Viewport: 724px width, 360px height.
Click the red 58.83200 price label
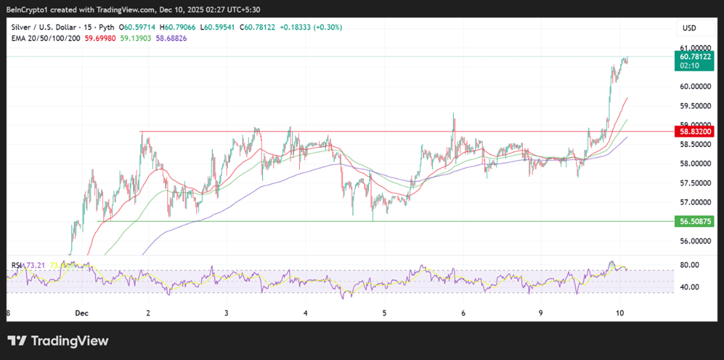tap(695, 131)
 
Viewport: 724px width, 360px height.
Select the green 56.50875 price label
tap(695, 221)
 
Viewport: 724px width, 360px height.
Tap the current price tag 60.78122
tap(695, 56)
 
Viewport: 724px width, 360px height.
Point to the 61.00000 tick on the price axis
tap(695, 47)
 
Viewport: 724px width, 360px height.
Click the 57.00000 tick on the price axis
tap(695, 202)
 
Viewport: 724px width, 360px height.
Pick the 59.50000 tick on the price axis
tap(695, 105)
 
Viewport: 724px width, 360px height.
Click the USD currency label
tap(688, 28)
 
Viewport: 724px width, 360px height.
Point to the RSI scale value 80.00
tap(691, 265)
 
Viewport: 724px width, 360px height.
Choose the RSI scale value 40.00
tap(691, 287)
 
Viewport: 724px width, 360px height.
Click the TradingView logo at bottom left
tap(58, 341)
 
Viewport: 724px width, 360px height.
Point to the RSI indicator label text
tap(17, 265)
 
